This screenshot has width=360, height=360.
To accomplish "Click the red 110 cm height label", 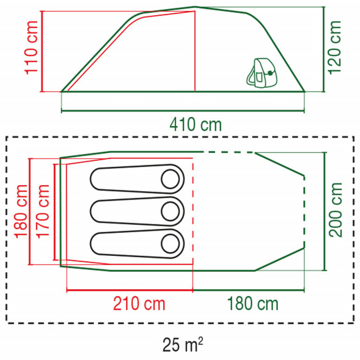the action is (31, 48).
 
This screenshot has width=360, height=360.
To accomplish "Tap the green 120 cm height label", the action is (335, 47).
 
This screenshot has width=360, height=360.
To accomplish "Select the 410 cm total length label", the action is (196, 125).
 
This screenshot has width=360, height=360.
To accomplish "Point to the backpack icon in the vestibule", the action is (262, 73).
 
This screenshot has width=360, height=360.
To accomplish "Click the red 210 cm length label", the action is (139, 304).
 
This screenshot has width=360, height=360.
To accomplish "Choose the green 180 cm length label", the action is (253, 304).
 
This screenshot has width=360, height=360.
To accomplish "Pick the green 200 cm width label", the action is (335, 210).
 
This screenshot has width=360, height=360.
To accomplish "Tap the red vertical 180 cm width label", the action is (21, 211).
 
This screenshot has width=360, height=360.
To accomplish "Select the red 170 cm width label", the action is (43, 211).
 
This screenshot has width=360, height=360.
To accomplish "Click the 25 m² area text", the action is (183, 344).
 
